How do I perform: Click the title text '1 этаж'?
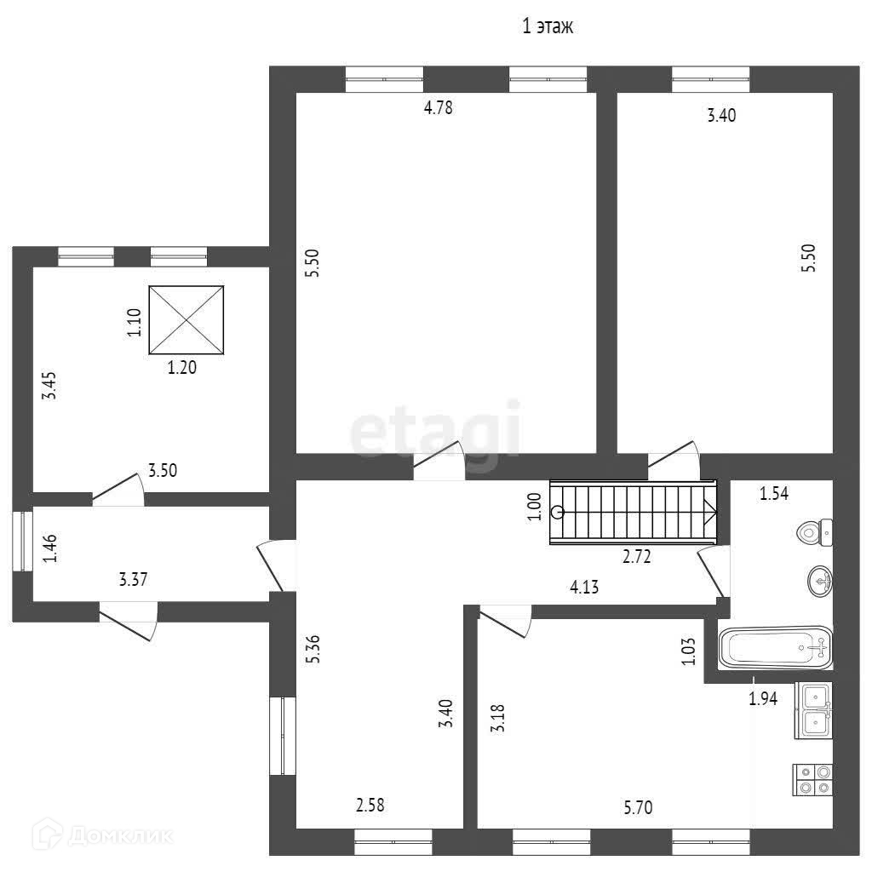[548, 27]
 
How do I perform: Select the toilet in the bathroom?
[814, 533]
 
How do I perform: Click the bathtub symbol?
[776, 648]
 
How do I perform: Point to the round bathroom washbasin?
[820, 582]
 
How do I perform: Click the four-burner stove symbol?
[813, 779]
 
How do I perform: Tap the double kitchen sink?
[813, 710]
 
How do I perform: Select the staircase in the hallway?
[634, 512]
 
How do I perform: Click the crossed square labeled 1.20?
[187, 320]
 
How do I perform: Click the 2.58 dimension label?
[376, 804]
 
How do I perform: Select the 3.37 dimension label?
[135, 581]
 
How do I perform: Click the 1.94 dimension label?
[763, 700]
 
